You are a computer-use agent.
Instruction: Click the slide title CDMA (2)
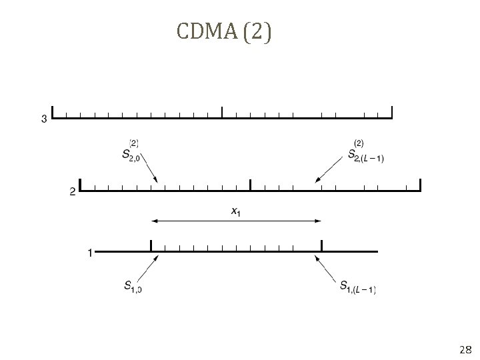point(224,33)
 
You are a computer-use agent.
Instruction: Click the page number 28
point(465,349)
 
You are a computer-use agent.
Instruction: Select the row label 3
point(44,119)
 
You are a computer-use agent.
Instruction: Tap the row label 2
point(72,192)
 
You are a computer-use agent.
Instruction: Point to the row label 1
point(89,253)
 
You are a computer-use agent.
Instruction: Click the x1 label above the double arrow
point(236,211)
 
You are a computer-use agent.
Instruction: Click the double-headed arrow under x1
point(236,221)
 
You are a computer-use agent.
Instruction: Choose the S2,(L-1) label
point(365,153)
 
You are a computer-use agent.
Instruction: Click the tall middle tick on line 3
point(222,113)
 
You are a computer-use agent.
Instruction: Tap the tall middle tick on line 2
point(250,185)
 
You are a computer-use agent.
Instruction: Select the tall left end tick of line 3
point(53,113)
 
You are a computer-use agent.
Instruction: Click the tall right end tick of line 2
point(420,185)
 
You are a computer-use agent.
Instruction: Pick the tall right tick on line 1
point(321,246)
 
